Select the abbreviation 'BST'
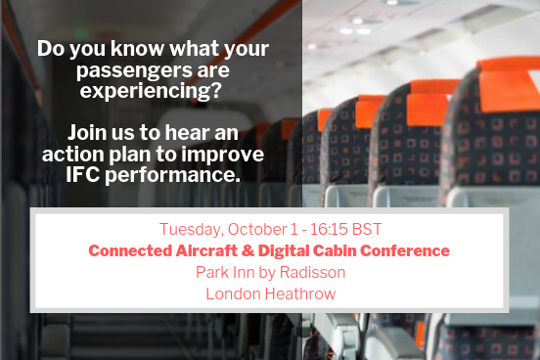tap(361, 229)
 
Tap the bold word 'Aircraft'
tap(210, 250)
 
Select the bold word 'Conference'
tap(406, 250)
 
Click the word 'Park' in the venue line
tap(212, 272)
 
